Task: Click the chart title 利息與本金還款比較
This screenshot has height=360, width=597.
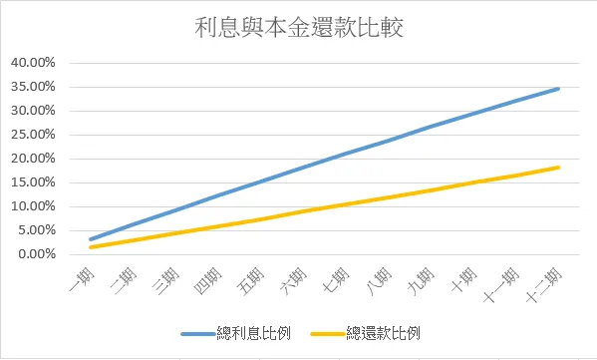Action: pyautogui.click(x=299, y=27)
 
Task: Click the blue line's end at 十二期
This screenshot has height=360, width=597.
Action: pyautogui.click(x=559, y=89)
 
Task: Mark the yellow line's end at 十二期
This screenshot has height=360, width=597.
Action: pyautogui.click(x=559, y=168)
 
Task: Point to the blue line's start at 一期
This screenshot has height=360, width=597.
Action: pyautogui.click(x=91, y=239)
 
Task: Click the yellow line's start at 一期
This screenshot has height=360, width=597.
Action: pyautogui.click(x=91, y=246)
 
